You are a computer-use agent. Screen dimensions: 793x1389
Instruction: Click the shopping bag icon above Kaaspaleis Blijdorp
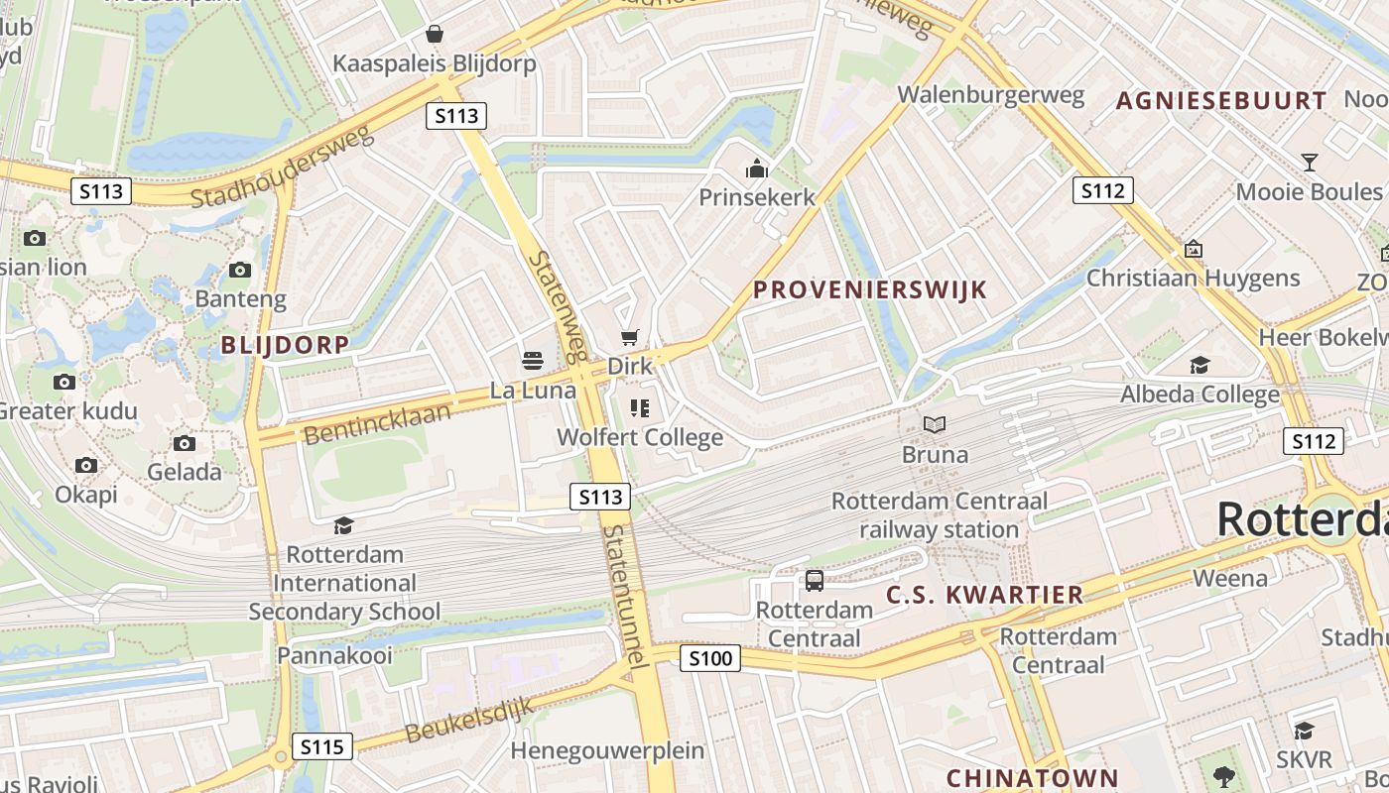pyautogui.click(x=434, y=35)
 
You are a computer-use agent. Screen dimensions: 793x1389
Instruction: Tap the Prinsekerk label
pyautogui.click(x=757, y=197)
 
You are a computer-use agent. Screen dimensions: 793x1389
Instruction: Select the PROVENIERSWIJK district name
pyautogui.click(x=870, y=289)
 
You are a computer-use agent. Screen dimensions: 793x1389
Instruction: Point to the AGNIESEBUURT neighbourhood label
pyautogui.click(x=1221, y=100)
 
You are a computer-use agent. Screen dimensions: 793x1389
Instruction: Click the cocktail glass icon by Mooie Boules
pyautogui.click(x=1309, y=163)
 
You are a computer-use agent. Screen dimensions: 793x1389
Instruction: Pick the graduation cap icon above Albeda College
pyautogui.click(x=1200, y=365)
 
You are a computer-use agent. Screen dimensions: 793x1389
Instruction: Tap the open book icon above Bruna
pyautogui.click(x=934, y=425)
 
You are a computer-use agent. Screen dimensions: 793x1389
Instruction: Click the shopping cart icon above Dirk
pyautogui.click(x=629, y=337)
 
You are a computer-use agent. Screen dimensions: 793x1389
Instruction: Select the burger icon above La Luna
pyautogui.click(x=533, y=360)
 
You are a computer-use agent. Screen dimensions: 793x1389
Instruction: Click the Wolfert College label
pyautogui.click(x=640, y=437)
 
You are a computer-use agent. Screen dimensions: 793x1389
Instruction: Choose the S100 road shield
pyautogui.click(x=710, y=657)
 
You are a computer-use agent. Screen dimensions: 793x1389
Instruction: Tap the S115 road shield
pyautogui.click(x=322, y=745)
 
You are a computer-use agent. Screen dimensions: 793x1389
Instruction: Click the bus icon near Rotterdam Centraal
pyautogui.click(x=814, y=581)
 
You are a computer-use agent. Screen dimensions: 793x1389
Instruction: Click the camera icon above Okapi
pyautogui.click(x=86, y=465)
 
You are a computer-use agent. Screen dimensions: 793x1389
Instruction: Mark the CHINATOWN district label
pyautogui.click(x=1032, y=778)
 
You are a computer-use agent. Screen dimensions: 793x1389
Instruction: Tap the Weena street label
pyautogui.click(x=1230, y=578)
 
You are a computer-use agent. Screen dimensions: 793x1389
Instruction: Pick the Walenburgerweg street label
pyautogui.click(x=990, y=95)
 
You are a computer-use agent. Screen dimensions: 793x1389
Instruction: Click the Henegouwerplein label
pyautogui.click(x=607, y=750)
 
